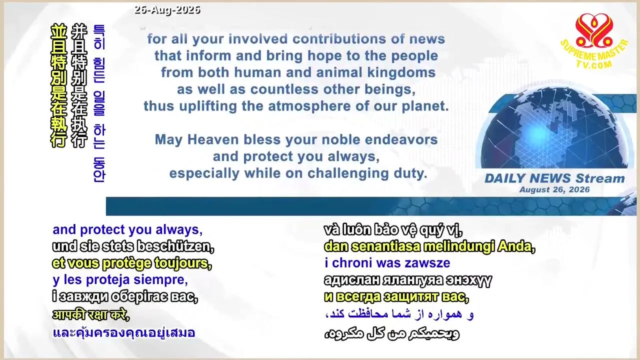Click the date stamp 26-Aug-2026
[167, 10]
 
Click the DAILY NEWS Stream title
[554, 178]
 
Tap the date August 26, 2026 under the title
[554, 189]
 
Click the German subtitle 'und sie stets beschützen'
[133, 246]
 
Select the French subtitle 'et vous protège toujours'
[132, 263]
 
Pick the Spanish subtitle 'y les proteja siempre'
[120, 280]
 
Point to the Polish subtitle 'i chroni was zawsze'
[387, 263]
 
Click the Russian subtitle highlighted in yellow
[396, 297]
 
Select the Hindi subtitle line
[91, 314]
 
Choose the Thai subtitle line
[124, 333]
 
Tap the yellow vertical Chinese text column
[58, 85]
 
